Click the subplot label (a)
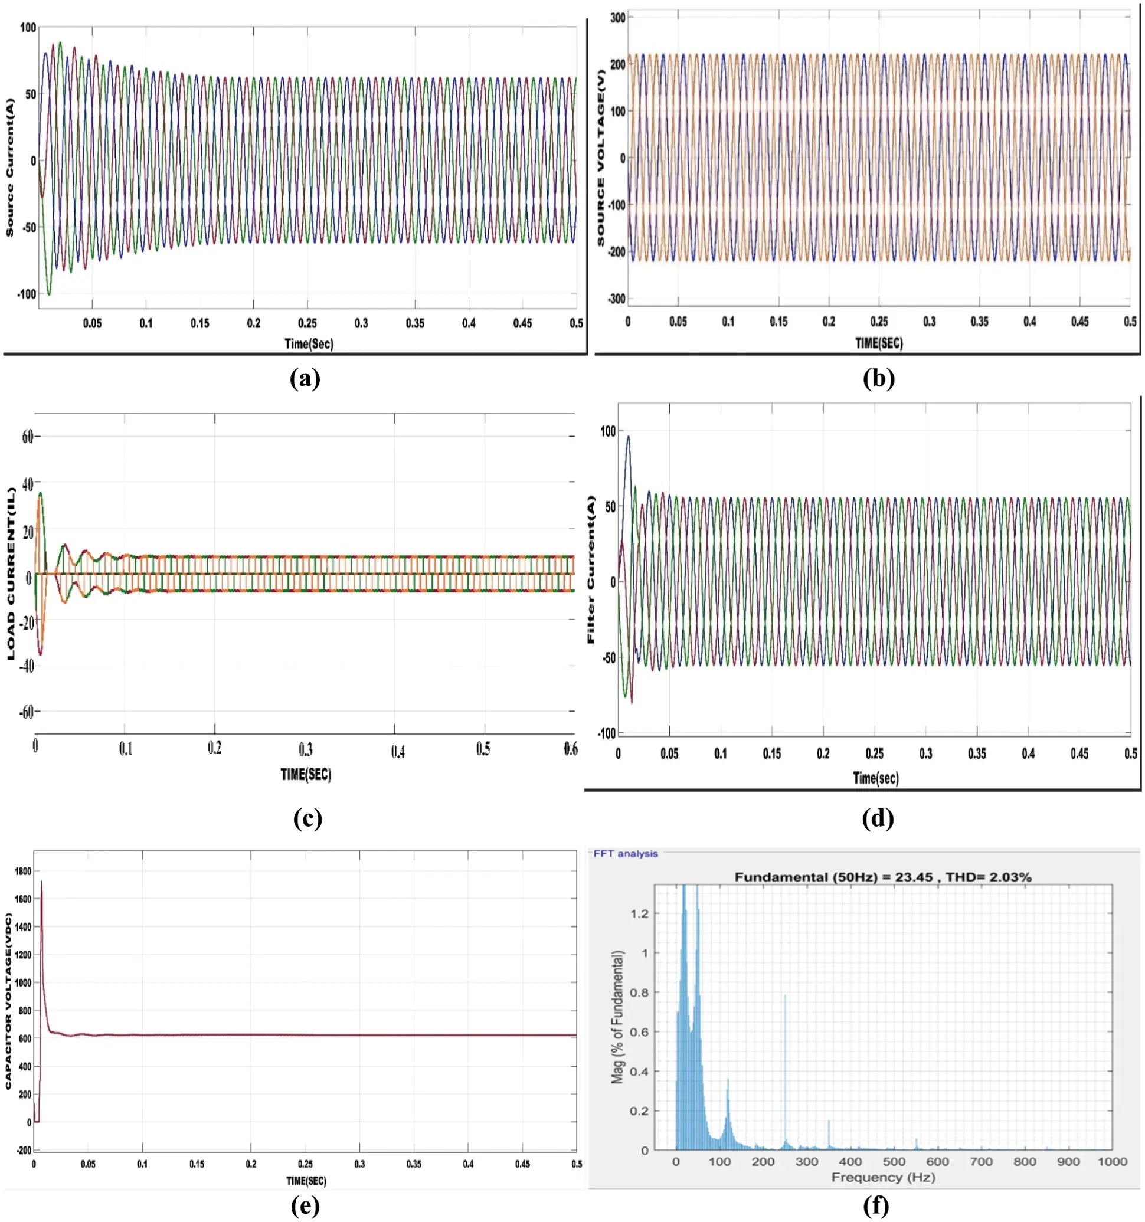tap(305, 379)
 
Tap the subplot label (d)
tap(878, 818)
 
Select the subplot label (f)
tap(876, 1205)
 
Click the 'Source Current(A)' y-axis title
tap(10, 166)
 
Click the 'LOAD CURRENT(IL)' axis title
tap(11, 574)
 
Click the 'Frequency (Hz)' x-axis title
tap(883, 1177)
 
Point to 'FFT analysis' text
tap(626, 853)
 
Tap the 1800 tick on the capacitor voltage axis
tap(23, 871)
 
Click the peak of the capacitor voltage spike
tap(41, 882)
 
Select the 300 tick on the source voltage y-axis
tap(617, 18)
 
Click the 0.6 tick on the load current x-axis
tap(570, 748)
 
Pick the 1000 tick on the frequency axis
tap(1112, 1161)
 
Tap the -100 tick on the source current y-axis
tap(27, 294)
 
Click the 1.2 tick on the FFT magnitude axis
tap(639, 913)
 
